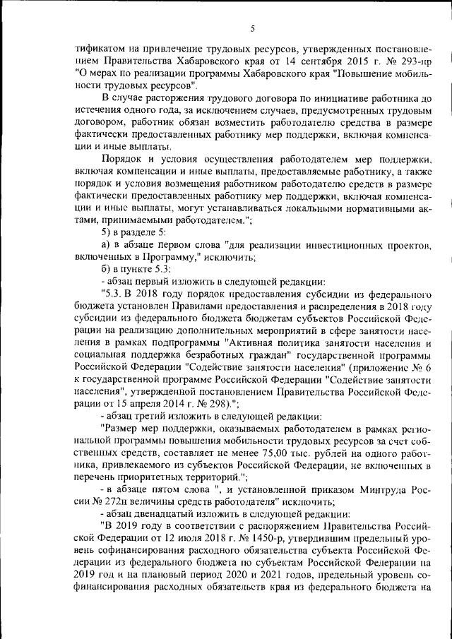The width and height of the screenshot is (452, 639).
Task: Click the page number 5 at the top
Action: click(x=251, y=28)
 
